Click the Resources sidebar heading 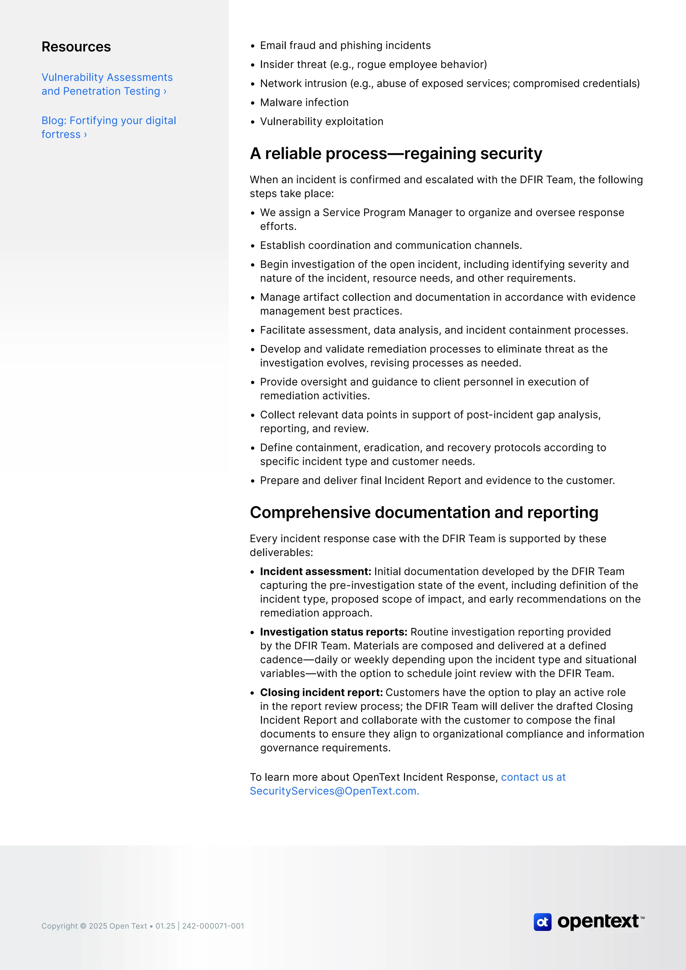click(76, 47)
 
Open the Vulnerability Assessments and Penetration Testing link click(107, 84)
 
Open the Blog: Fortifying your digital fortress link click(109, 127)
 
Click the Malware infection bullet click(304, 103)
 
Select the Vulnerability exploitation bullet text click(322, 122)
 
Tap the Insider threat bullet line click(373, 65)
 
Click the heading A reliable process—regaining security click(396, 153)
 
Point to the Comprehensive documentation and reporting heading click(424, 512)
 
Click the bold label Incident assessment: click(315, 572)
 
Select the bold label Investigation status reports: click(333, 632)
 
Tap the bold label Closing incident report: click(321, 692)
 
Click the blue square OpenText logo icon click(542, 922)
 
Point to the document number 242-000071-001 click(213, 926)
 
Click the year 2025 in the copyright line click(98, 926)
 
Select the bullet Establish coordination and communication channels click(391, 246)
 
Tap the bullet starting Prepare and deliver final click(437, 481)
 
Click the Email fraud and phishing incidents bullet click(345, 46)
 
